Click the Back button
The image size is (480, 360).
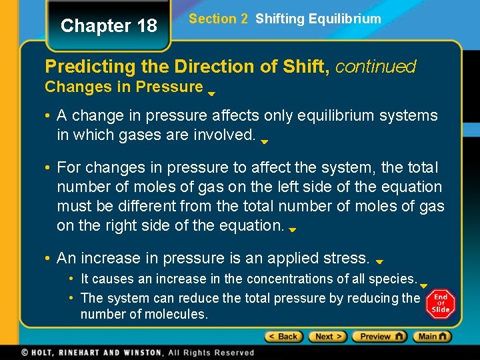(x=283, y=337)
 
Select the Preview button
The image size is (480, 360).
(x=379, y=337)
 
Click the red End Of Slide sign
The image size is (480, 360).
(x=440, y=303)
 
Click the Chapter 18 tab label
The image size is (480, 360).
(x=109, y=26)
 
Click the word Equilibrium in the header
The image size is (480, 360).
(x=346, y=19)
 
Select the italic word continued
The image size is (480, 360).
(x=375, y=67)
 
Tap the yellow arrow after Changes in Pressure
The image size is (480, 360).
(x=211, y=94)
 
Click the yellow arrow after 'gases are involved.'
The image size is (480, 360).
(x=264, y=142)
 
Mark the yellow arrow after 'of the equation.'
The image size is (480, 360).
(x=292, y=228)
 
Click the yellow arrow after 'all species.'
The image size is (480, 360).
(x=423, y=286)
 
